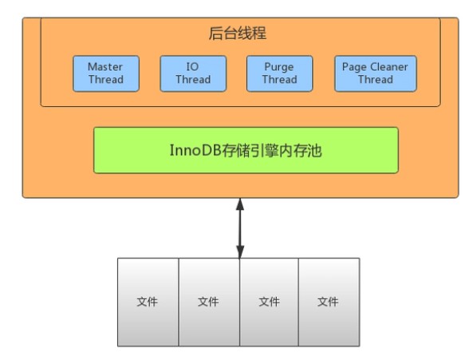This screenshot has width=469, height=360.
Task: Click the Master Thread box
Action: pos(106,73)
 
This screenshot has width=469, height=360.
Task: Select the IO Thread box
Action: pos(193,73)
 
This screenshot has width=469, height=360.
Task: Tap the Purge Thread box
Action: pos(280,73)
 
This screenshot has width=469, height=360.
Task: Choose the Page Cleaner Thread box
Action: pos(376,73)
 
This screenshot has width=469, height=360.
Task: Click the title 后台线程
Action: pos(237,34)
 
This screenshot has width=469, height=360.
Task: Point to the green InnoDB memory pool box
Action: pos(246,150)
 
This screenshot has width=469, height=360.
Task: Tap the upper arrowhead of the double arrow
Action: pos(240,204)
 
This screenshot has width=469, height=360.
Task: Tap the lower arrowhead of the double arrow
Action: pos(240,251)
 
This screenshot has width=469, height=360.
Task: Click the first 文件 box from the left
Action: pos(148,303)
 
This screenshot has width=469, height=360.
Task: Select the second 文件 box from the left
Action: pos(209,303)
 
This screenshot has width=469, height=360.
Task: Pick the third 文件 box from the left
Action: pos(270,303)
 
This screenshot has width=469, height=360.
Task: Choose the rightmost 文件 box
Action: pos(329,303)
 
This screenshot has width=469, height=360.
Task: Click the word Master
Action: pos(105,67)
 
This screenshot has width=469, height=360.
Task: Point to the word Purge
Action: pos(279,67)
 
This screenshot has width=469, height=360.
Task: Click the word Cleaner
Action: pos(389,67)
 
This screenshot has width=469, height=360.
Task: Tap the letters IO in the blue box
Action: pos(193,67)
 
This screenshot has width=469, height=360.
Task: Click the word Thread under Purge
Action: pos(280,80)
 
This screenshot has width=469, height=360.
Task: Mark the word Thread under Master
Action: pos(106,80)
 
